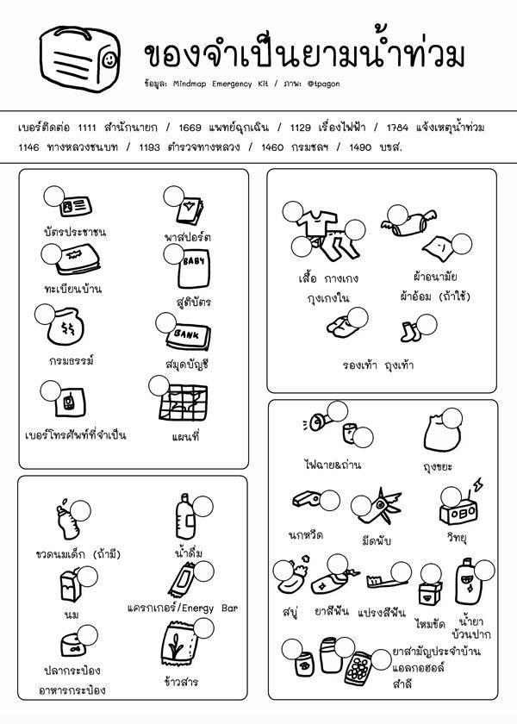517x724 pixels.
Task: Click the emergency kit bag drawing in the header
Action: point(78,63)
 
